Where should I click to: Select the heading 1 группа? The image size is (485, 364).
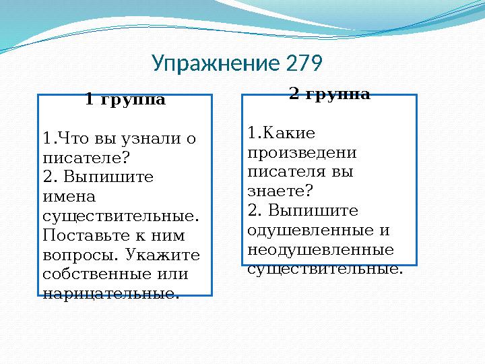[x=125, y=100]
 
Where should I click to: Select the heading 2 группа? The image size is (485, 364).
[x=329, y=94]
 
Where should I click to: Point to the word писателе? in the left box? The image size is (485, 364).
[x=86, y=158]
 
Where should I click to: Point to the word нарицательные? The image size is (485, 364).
[x=111, y=294]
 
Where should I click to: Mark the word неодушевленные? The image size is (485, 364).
[x=321, y=249]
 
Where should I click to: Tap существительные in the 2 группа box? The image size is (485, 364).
[x=325, y=269]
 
